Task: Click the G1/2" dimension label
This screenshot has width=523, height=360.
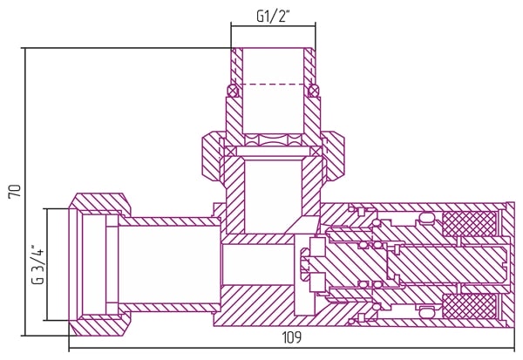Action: [272, 17]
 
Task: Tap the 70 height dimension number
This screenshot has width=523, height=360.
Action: [15, 191]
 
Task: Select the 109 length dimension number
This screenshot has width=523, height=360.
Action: [292, 337]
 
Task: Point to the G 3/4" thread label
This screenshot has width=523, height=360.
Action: [37, 265]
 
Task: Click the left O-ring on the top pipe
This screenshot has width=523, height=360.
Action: [233, 91]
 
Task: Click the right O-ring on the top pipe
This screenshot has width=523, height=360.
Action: [314, 91]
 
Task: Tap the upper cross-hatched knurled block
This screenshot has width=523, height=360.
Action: [469, 224]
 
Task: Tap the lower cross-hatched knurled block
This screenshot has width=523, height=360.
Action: [469, 306]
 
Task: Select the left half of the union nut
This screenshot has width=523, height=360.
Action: [212, 157]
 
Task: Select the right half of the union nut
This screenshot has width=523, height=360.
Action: [334, 157]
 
